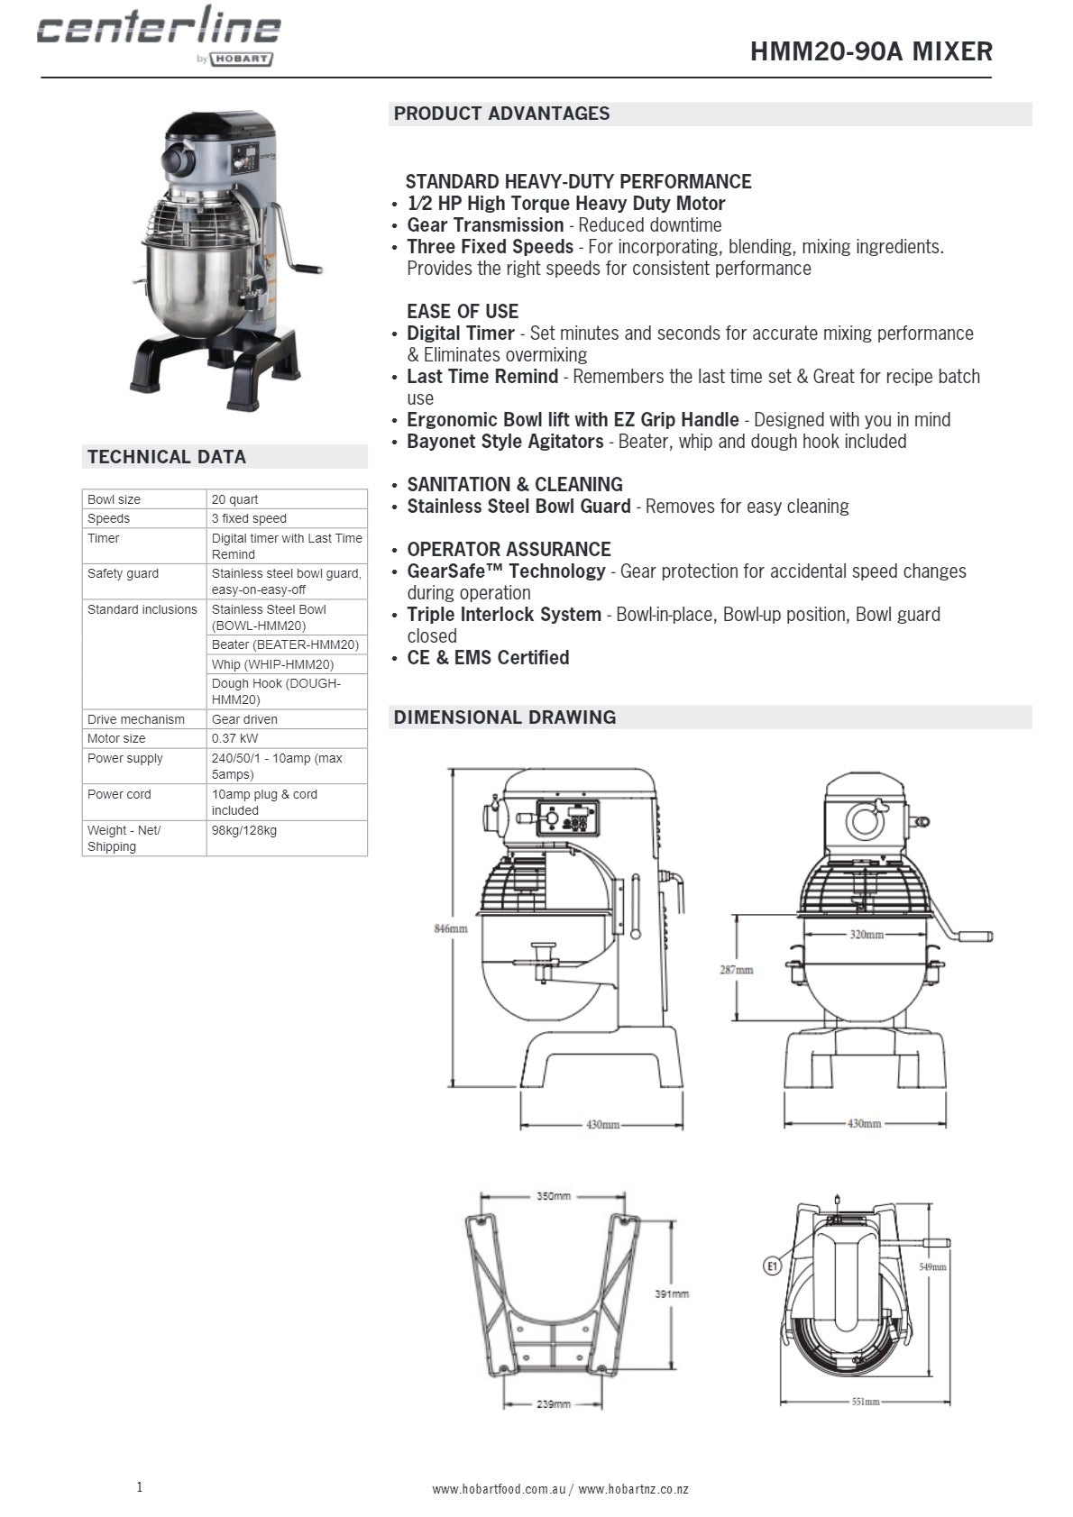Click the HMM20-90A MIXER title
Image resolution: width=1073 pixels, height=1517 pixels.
[870, 51]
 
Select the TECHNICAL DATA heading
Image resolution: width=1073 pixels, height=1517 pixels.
[167, 457]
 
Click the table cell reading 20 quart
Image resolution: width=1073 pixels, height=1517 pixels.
[234, 499]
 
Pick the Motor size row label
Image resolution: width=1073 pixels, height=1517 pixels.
[116, 738]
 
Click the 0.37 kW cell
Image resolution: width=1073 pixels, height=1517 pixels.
[234, 738]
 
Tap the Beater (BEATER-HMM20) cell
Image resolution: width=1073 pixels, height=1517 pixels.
[285, 644]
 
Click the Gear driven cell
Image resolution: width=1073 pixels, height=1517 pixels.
[244, 719]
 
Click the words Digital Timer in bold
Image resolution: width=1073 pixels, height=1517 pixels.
[460, 334]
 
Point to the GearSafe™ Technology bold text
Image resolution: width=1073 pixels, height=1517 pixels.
[506, 571]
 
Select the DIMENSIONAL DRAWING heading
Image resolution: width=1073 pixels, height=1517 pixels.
[505, 717]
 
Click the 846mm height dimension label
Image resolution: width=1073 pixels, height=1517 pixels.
[451, 928]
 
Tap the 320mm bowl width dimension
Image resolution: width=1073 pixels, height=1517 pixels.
[867, 935]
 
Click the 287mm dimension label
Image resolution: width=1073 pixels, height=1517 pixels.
[736, 970]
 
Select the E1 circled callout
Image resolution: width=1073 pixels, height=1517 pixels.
[771, 1266]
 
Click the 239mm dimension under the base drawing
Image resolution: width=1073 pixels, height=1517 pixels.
[553, 1404]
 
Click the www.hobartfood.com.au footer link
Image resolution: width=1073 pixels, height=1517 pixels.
[498, 1489]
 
